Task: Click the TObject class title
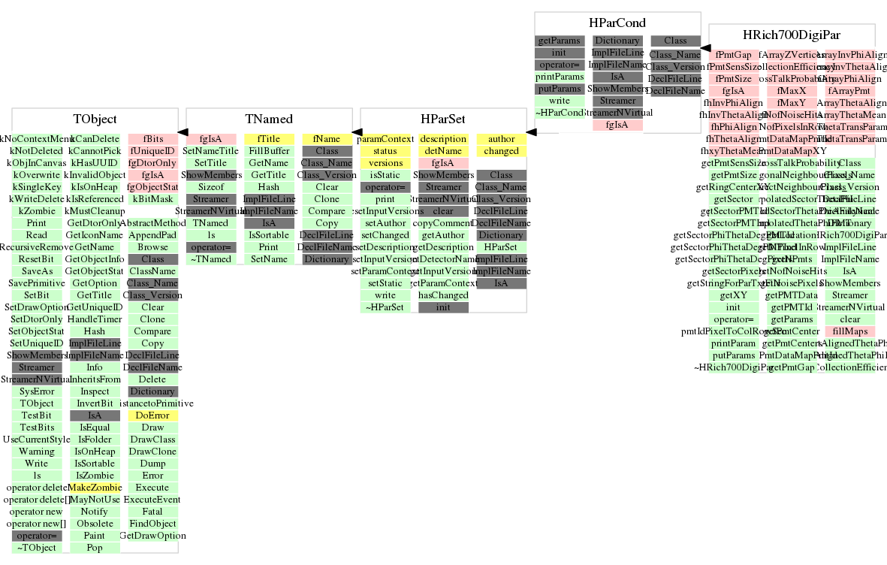pyautogui.click(x=95, y=119)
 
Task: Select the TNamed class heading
pyautogui.click(x=269, y=119)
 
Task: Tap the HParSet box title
pyautogui.click(x=443, y=119)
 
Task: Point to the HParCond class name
pyautogui.click(x=617, y=23)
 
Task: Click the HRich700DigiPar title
pyautogui.click(x=792, y=35)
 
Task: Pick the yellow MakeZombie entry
pyautogui.click(x=95, y=488)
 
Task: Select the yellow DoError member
pyautogui.click(x=152, y=415)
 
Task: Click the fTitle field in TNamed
pyautogui.click(x=268, y=139)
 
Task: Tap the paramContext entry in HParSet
pyautogui.click(x=385, y=139)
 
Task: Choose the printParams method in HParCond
pyautogui.click(x=560, y=77)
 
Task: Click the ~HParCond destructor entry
pyautogui.click(x=560, y=113)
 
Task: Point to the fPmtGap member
pyautogui.click(x=734, y=55)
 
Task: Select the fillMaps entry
pyautogui.click(x=849, y=331)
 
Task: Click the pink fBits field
pyautogui.click(x=152, y=139)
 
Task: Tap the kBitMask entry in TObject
pyautogui.click(x=152, y=199)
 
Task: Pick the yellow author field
pyautogui.click(x=501, y=139)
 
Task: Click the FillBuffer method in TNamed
pyautogui.click(x=268, y=151)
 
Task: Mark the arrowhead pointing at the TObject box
pyautogui.click(x=183, y=131)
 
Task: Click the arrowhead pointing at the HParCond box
pyautogui.click(x=705, y=47)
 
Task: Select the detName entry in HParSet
pyautogui.click(x=443, y=151)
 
